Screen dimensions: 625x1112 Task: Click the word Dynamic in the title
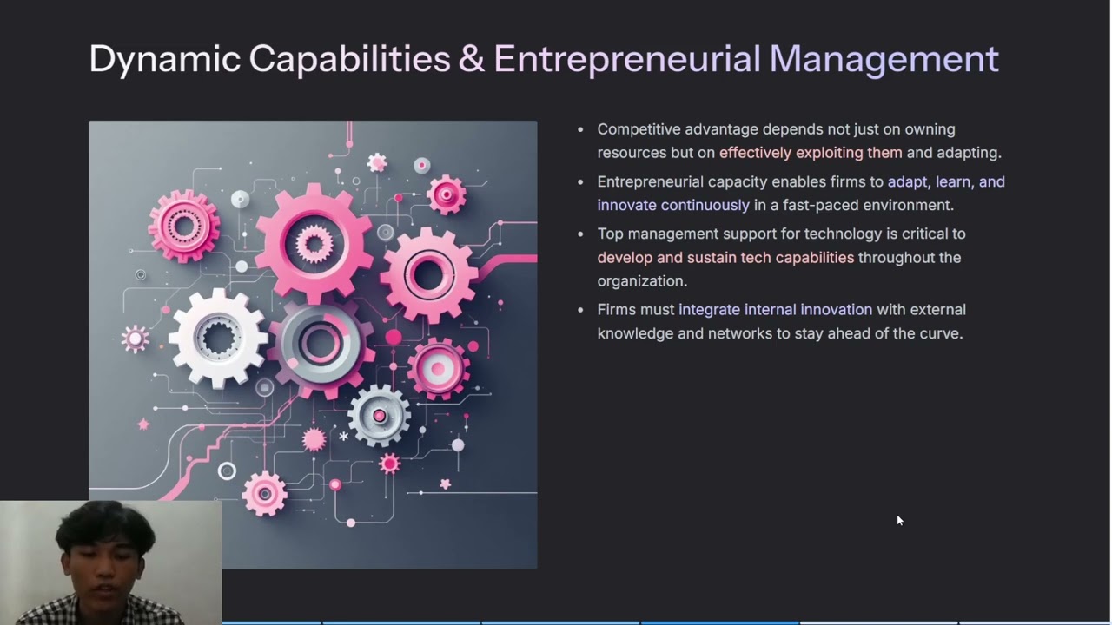coord(165,59)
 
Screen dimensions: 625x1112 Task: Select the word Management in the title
coord(884,59)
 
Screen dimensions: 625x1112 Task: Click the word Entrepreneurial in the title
coord(626,59)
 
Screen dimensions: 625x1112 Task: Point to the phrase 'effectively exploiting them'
coord(811,153)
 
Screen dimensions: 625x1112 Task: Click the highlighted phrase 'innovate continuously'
coord(673,206)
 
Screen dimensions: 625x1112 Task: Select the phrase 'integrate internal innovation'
coord(775,310)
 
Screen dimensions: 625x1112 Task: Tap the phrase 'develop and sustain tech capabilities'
coord(725,258)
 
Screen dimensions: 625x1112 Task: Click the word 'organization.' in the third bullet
coord(642,281)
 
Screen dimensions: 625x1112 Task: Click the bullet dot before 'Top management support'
coord(581,234)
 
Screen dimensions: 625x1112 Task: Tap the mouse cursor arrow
coord(899,520)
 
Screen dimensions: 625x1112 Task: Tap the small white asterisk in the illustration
coord(344,437)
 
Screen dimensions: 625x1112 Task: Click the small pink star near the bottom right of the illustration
coord(446,484)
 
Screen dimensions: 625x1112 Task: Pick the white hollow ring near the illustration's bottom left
coord(227,471)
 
